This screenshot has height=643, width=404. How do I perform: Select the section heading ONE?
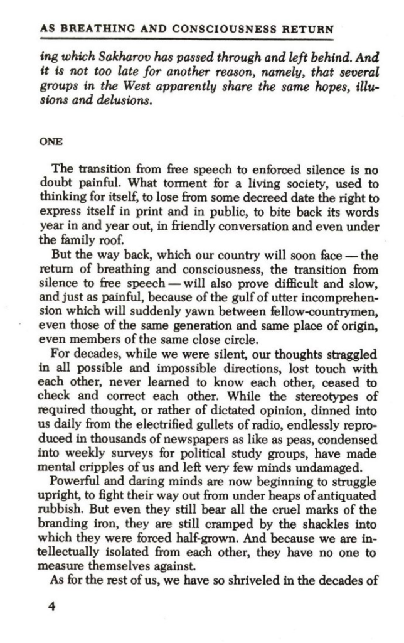[x=51, y=141]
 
